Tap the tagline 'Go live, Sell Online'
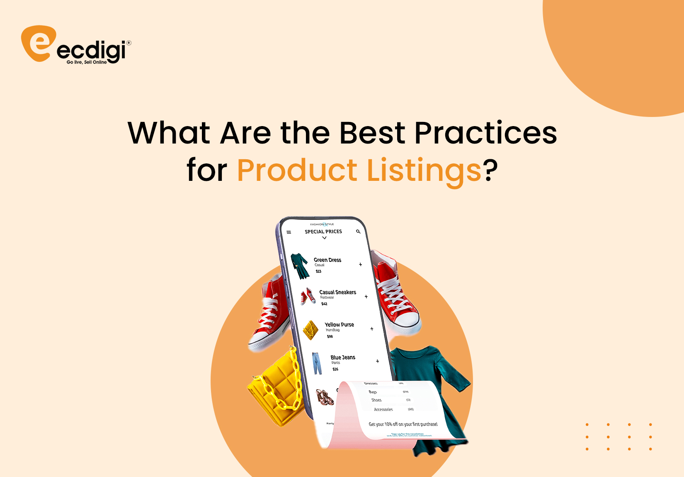[87, 62]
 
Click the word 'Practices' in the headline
[485, 133]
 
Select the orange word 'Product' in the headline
[297, 170]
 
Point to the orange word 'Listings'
[424, 170]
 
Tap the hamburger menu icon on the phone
[289, 232]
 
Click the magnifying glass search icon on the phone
[358, 231]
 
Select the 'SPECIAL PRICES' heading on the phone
[323, 231]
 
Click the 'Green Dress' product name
[327, 260]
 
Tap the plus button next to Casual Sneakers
[366, 297]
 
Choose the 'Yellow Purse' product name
[339, 325]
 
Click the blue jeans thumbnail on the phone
[317, 363]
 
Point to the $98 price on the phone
[330, 336]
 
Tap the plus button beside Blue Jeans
[377, 361]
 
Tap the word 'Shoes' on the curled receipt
[376, 400]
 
